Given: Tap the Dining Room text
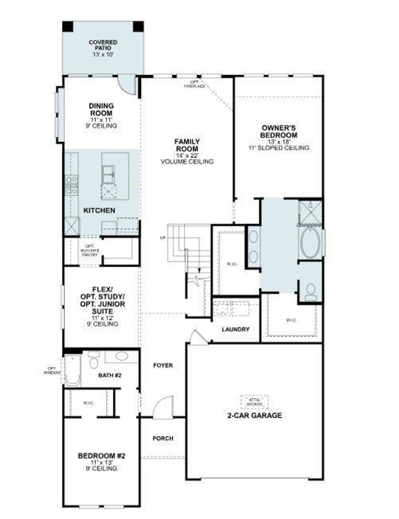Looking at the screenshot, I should pos(101,110).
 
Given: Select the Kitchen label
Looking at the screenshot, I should pos(99,211).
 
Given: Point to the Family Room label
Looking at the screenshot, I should pos(187,145).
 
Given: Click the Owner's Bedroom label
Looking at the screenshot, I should pos(279,131).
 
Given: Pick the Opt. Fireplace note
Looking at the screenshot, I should pos(195,84).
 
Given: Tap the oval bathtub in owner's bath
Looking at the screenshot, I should pos(310,242).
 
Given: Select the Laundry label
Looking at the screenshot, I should pos(236,329).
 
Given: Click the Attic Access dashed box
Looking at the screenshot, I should pos(254,402).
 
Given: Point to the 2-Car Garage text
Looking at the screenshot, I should pos(255,415).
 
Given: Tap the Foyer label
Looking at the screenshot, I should pos(163,365).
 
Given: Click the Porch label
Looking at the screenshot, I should pos(163,438).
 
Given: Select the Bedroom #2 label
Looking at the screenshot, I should pos(101,456).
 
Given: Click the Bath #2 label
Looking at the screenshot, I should pos(110,375).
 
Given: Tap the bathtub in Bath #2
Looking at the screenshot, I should pos(73,370).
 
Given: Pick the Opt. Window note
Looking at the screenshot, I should pos(52,370).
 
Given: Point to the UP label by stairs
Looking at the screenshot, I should pos(163,238).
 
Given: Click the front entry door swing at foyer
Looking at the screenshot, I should pos(164,407).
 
